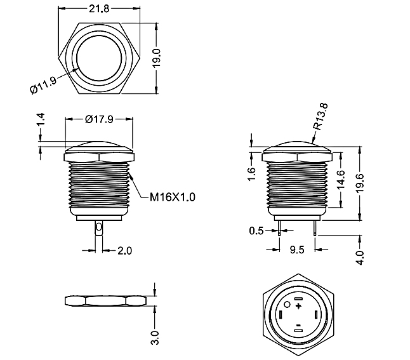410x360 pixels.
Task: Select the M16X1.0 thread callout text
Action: (x=172, y=197)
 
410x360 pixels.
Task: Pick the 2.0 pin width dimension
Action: (x=124, y=251)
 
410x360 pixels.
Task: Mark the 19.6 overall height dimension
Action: (x=360, y=184)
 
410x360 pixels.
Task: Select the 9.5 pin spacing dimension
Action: (x=297, y=250)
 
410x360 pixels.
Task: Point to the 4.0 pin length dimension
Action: (x=360, y=257)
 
